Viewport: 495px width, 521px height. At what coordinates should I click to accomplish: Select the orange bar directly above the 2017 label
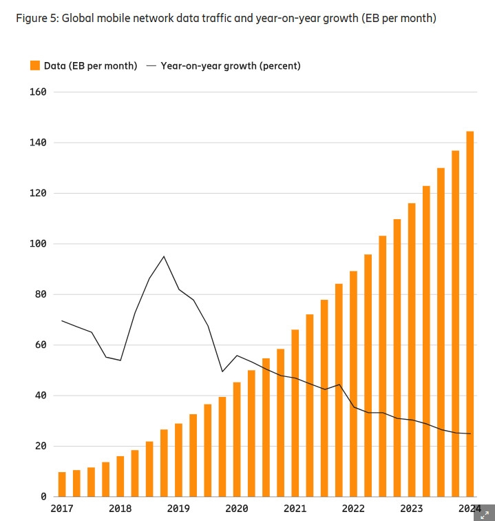coord(62,484)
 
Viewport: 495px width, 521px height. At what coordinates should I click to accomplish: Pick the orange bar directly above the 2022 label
coord(353,383)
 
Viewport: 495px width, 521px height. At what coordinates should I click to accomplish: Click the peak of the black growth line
coord(164,256)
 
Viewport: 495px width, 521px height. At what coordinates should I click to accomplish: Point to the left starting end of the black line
coord(62,320)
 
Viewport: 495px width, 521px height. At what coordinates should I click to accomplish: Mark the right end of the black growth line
coord(470,433)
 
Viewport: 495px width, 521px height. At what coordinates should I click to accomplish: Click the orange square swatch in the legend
coord(34,65)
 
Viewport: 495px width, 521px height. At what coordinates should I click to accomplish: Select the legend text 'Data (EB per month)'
coord(90,65)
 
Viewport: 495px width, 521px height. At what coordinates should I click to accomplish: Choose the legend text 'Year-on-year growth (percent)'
coord(231,65)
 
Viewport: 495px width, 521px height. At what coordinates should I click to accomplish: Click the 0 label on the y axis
coord(43,496)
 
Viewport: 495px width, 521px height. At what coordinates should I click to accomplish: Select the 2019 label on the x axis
coord(178,509)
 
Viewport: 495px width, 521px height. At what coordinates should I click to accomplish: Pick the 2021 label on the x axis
coord(295,509)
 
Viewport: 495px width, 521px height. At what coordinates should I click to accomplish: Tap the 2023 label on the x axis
coord(412,509)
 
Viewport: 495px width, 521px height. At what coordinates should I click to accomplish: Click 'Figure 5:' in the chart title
coord(36,18)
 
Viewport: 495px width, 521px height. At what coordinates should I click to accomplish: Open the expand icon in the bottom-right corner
coord(484,514)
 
